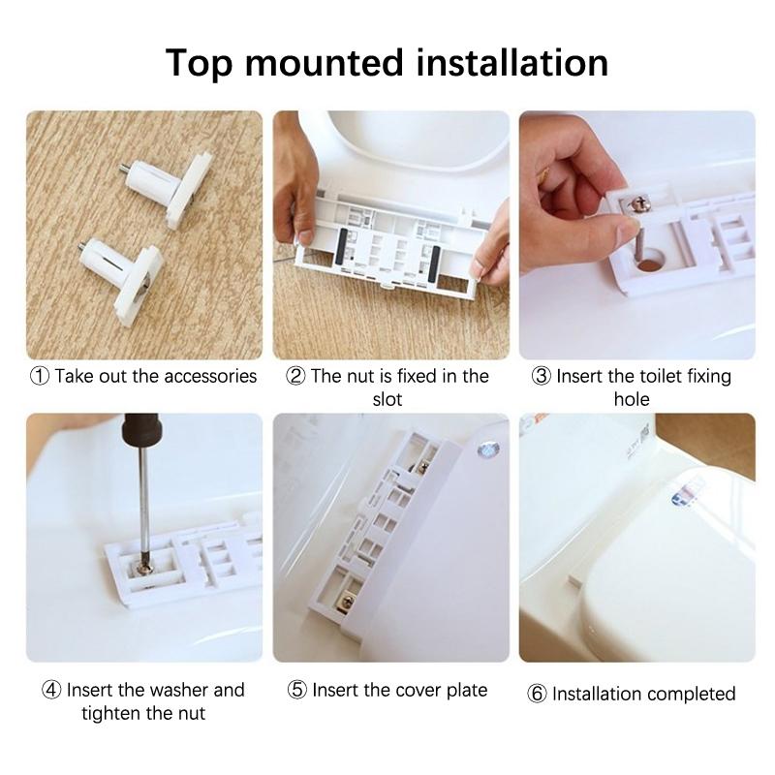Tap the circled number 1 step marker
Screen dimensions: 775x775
tap(40, 376)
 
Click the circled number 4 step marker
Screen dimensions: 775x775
tap(51, 690)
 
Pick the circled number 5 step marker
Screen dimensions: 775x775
tap(297, 690)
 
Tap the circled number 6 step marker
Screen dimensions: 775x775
tap(537, 694)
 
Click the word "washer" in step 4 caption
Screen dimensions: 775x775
tap(179, 690)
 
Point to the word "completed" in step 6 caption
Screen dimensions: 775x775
tap(691, 694)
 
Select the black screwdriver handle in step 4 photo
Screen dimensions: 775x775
tap(141, 429)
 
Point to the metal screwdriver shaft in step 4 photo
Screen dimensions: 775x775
tap(142, 504)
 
